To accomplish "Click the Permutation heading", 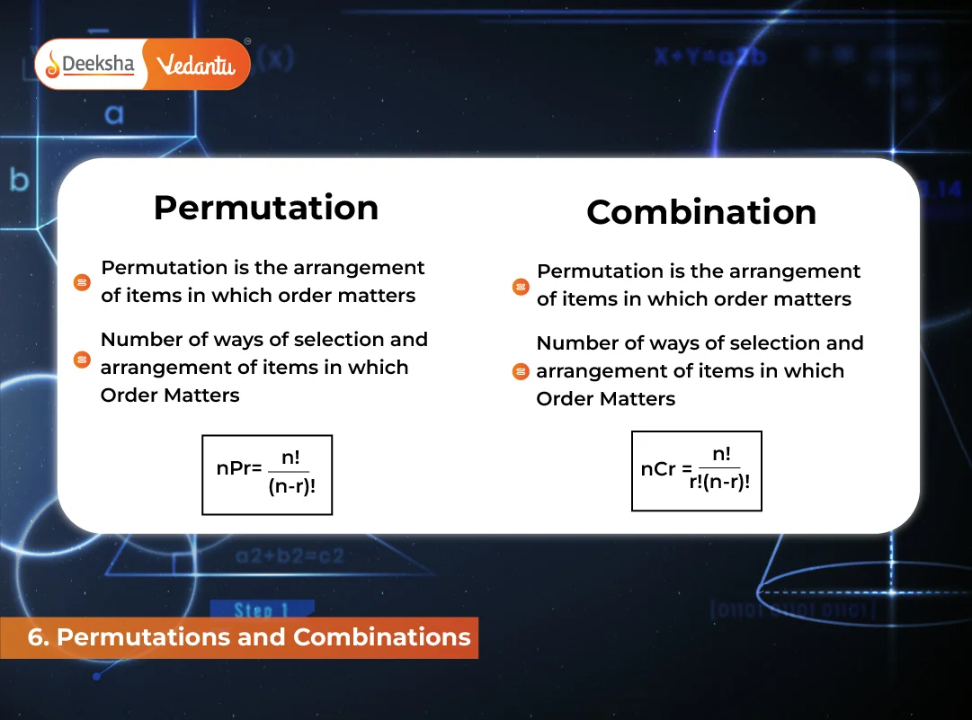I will point(266,208).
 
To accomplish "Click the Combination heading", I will point(701,212).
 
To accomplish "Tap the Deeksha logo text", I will point(98,64).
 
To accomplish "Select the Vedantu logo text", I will point(195,65).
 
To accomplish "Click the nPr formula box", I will point(267,475).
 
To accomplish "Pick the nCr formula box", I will point(697,470).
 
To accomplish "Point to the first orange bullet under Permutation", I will point(82,282).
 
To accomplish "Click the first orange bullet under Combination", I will point(520,287).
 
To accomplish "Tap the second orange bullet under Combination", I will point(520,371).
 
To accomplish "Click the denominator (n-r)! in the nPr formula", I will point(291,486).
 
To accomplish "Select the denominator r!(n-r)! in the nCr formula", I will point(719,480).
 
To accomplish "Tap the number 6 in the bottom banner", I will point(37,637).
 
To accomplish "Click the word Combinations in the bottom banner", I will point(382,637).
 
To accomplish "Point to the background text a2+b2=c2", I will point(290,556).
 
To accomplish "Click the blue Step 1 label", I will point(262,610).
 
